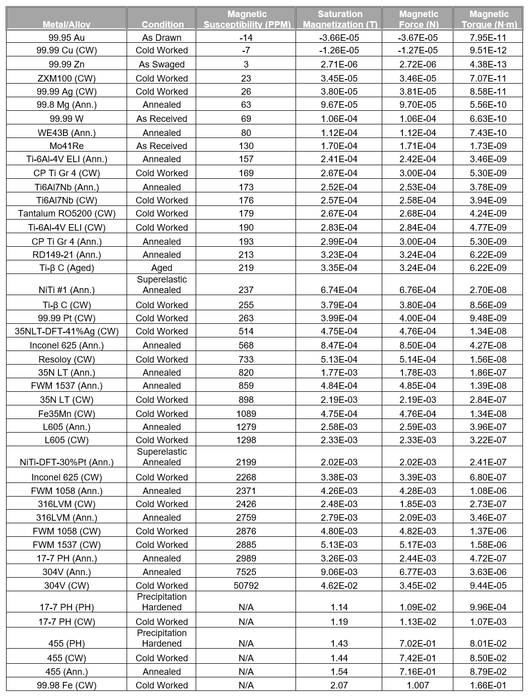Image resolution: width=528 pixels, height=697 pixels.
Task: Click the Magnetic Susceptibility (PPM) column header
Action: tap(247, 19)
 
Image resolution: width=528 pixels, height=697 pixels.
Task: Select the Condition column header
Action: tap(162, 24)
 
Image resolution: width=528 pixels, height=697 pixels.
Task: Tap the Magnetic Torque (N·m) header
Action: tap(489, 19)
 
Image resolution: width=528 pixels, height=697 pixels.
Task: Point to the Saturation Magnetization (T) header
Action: tap(340, 19)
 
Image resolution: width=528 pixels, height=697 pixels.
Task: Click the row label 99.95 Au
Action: tap(67, 38)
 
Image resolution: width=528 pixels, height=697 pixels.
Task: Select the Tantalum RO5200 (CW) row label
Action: tap(67, 214)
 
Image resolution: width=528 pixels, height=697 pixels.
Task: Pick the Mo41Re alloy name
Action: tap(67, 146)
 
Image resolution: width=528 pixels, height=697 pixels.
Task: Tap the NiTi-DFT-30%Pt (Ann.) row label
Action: tap(67, 462)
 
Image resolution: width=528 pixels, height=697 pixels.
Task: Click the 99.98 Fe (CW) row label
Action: tap(67, 685)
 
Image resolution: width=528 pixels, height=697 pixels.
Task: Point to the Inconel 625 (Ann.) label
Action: tap(67, 345)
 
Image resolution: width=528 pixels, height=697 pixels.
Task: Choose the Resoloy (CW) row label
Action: tap(67, 360)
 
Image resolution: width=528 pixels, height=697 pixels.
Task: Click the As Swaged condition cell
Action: tap(162, 64)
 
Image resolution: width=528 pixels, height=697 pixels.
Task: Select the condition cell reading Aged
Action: tap(162, 268)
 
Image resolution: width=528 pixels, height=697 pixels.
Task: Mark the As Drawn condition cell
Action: tap(162, 38)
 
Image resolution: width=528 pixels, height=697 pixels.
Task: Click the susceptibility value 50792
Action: tap(246, 586)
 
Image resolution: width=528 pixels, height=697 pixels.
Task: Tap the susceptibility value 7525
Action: tap(246, 572)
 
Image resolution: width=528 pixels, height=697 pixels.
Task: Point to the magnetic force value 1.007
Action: tap(418, 685)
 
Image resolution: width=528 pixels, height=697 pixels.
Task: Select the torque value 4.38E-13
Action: tap(488, 64)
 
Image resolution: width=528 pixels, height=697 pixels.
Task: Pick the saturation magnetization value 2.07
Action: tap(339, 685)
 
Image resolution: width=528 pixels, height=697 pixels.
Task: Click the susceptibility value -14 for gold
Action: tap(246, 38)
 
